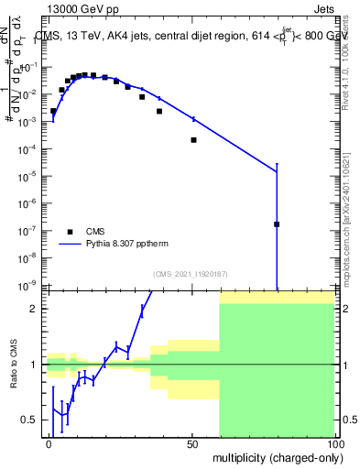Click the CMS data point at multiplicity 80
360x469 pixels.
point(277,224)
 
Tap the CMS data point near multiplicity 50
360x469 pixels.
point(193,140)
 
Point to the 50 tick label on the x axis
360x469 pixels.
point(193,443)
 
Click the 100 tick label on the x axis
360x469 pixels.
point(335,443)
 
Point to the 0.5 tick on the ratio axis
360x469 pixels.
point(31,420)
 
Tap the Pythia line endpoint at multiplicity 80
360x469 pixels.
point(277,170)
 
